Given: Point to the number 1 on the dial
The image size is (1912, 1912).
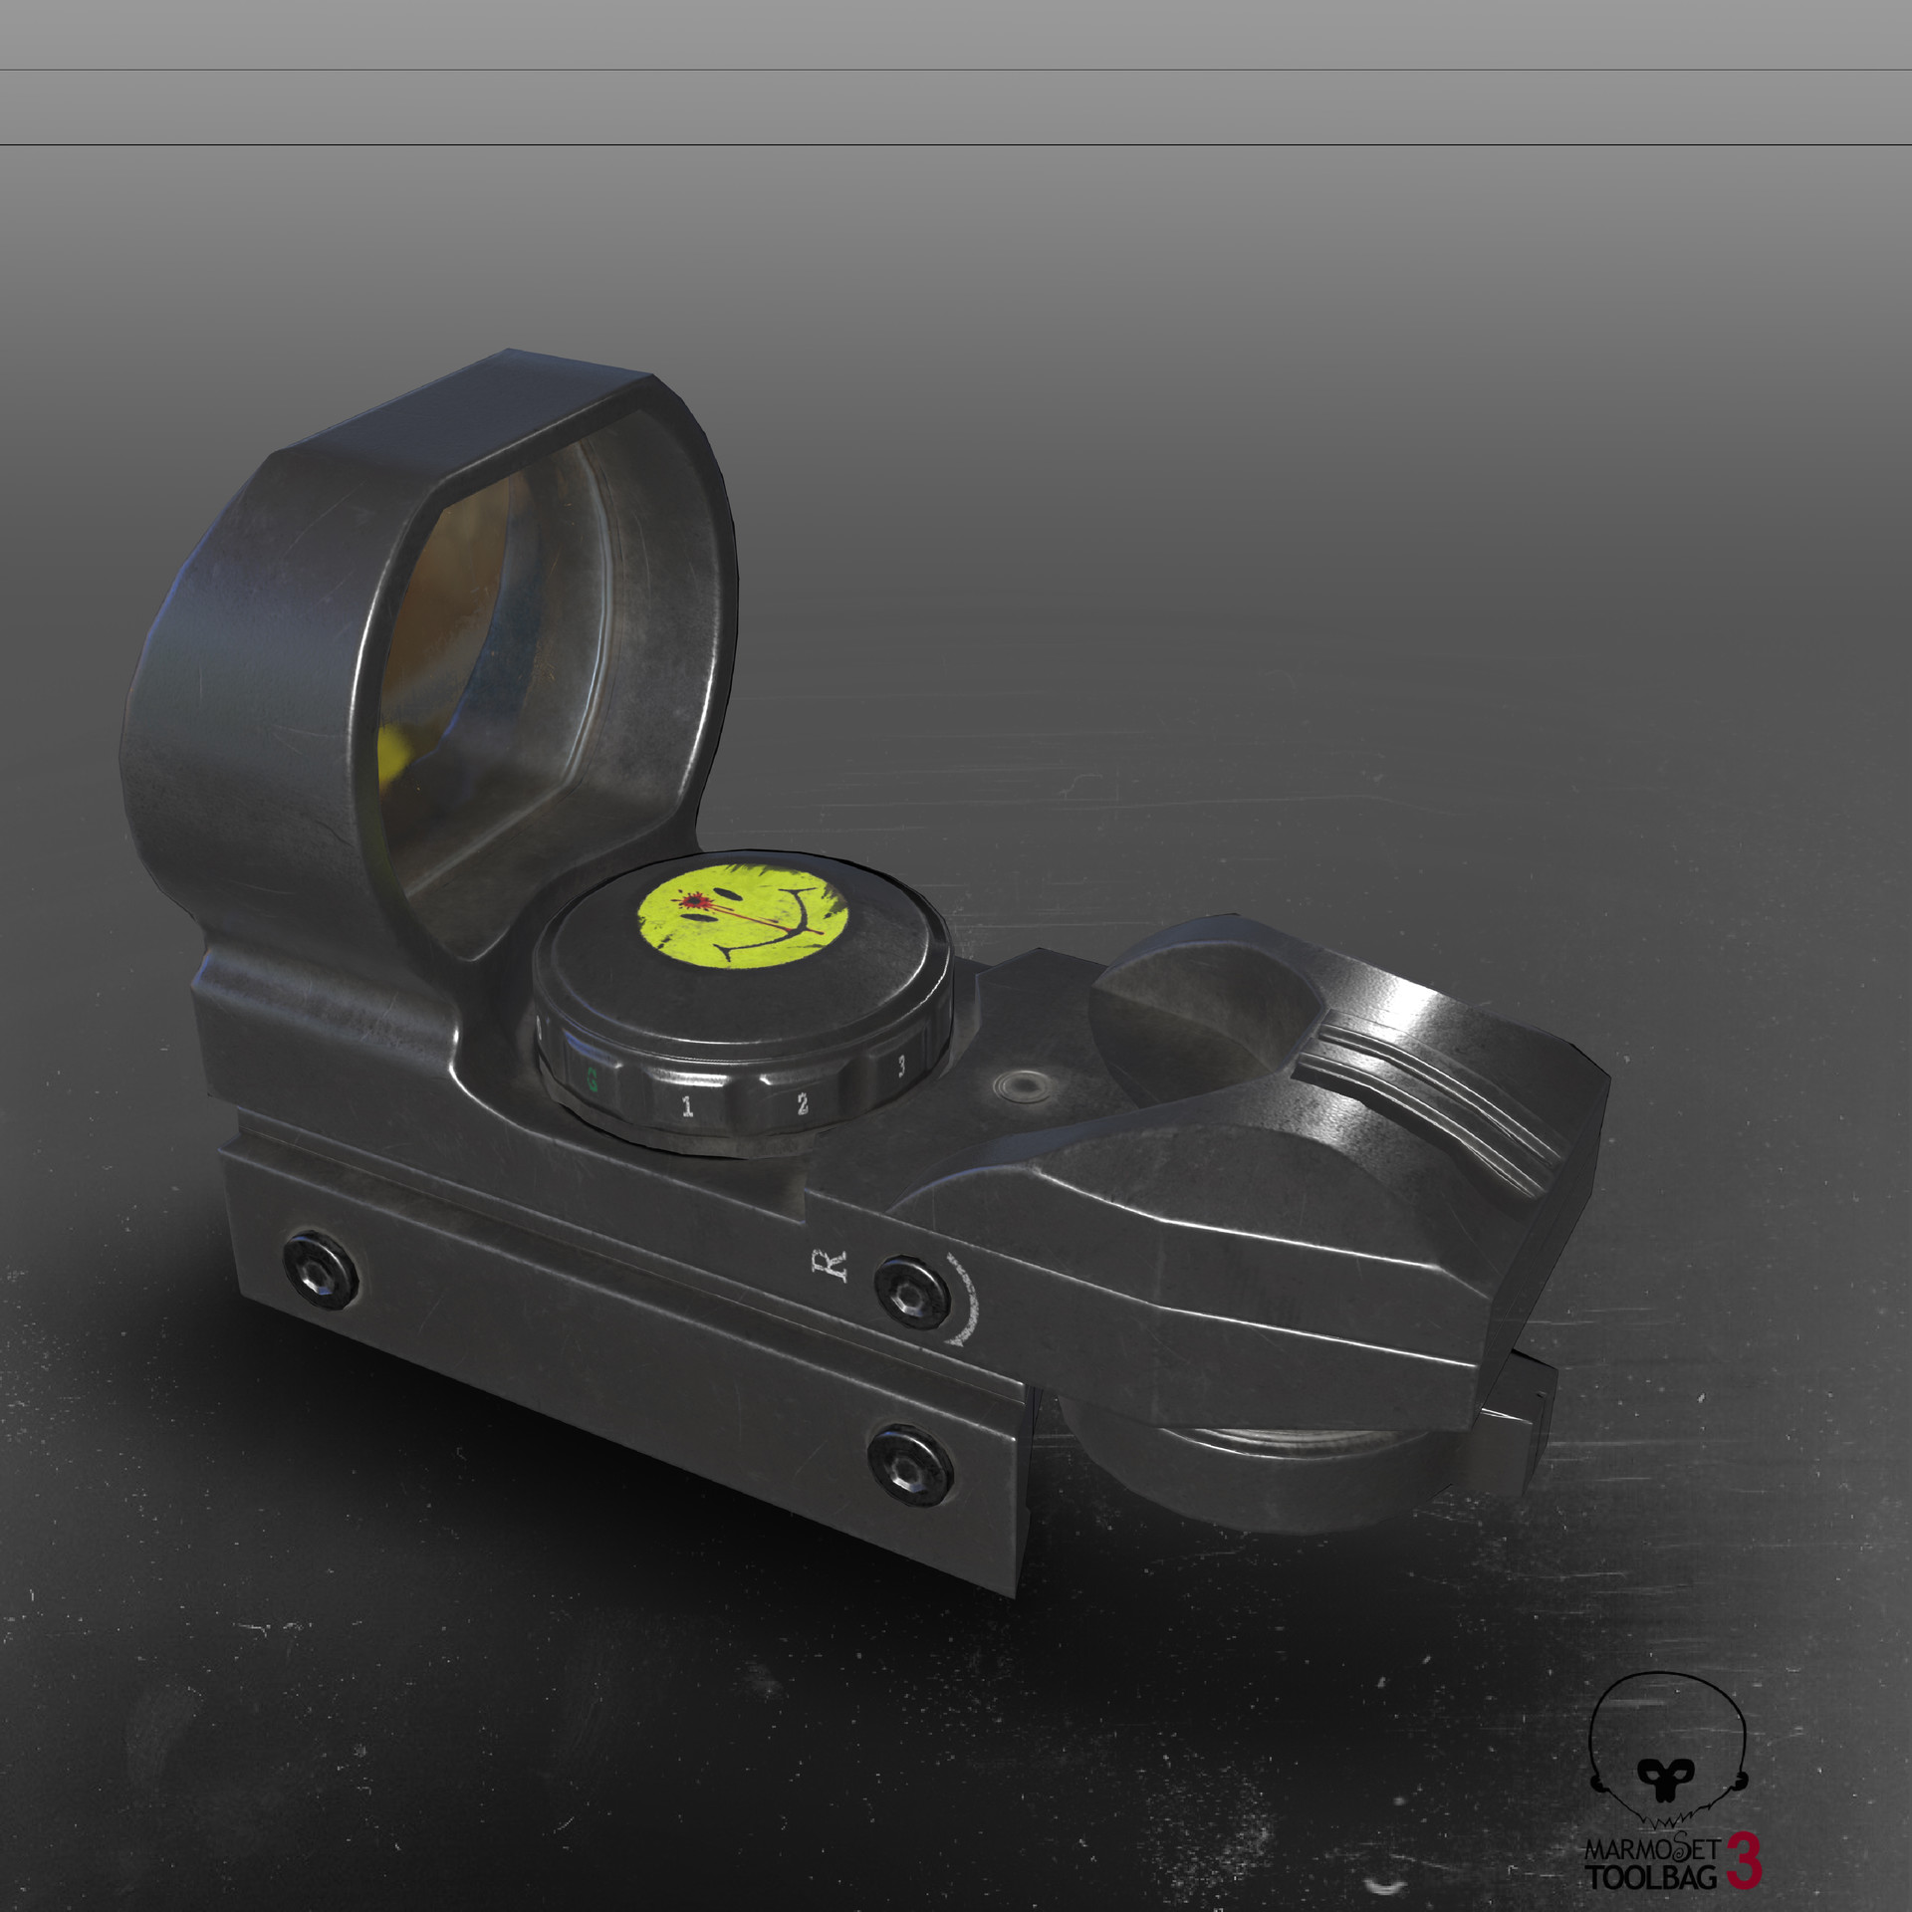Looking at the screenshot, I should (x=687, y=1106).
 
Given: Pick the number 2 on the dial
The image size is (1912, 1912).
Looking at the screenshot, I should (x=802, y=1102).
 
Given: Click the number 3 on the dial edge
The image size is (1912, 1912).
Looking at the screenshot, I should (x=901, y=1066).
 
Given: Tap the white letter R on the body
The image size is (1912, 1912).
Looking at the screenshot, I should (x=834, y=1263).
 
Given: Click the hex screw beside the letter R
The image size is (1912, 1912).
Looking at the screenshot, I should (x=909, y=1290).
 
